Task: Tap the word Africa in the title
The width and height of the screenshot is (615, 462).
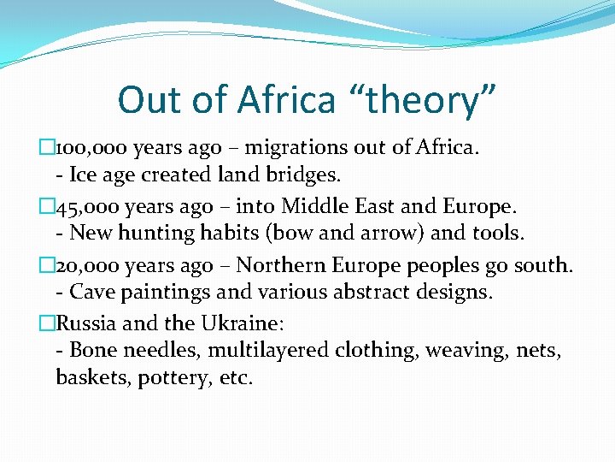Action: (x=286, y=100)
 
